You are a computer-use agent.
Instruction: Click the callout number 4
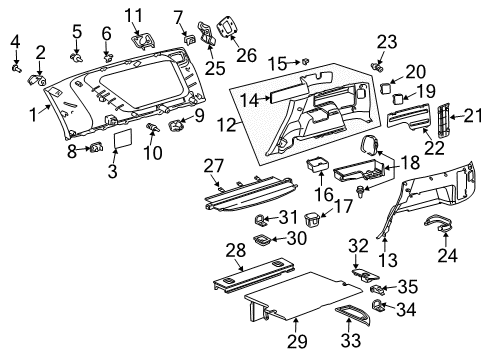coord(15,40)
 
